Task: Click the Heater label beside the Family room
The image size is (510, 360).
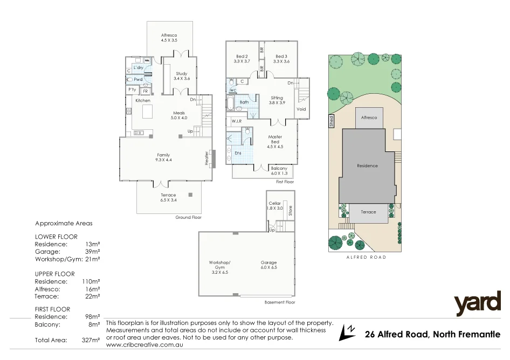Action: click(x=206, y=157)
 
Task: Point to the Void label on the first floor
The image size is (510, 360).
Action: click(x=301, y=109)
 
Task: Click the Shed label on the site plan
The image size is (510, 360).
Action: click(x=332, y=121)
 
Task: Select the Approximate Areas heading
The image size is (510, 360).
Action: click(x=64, y=223)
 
